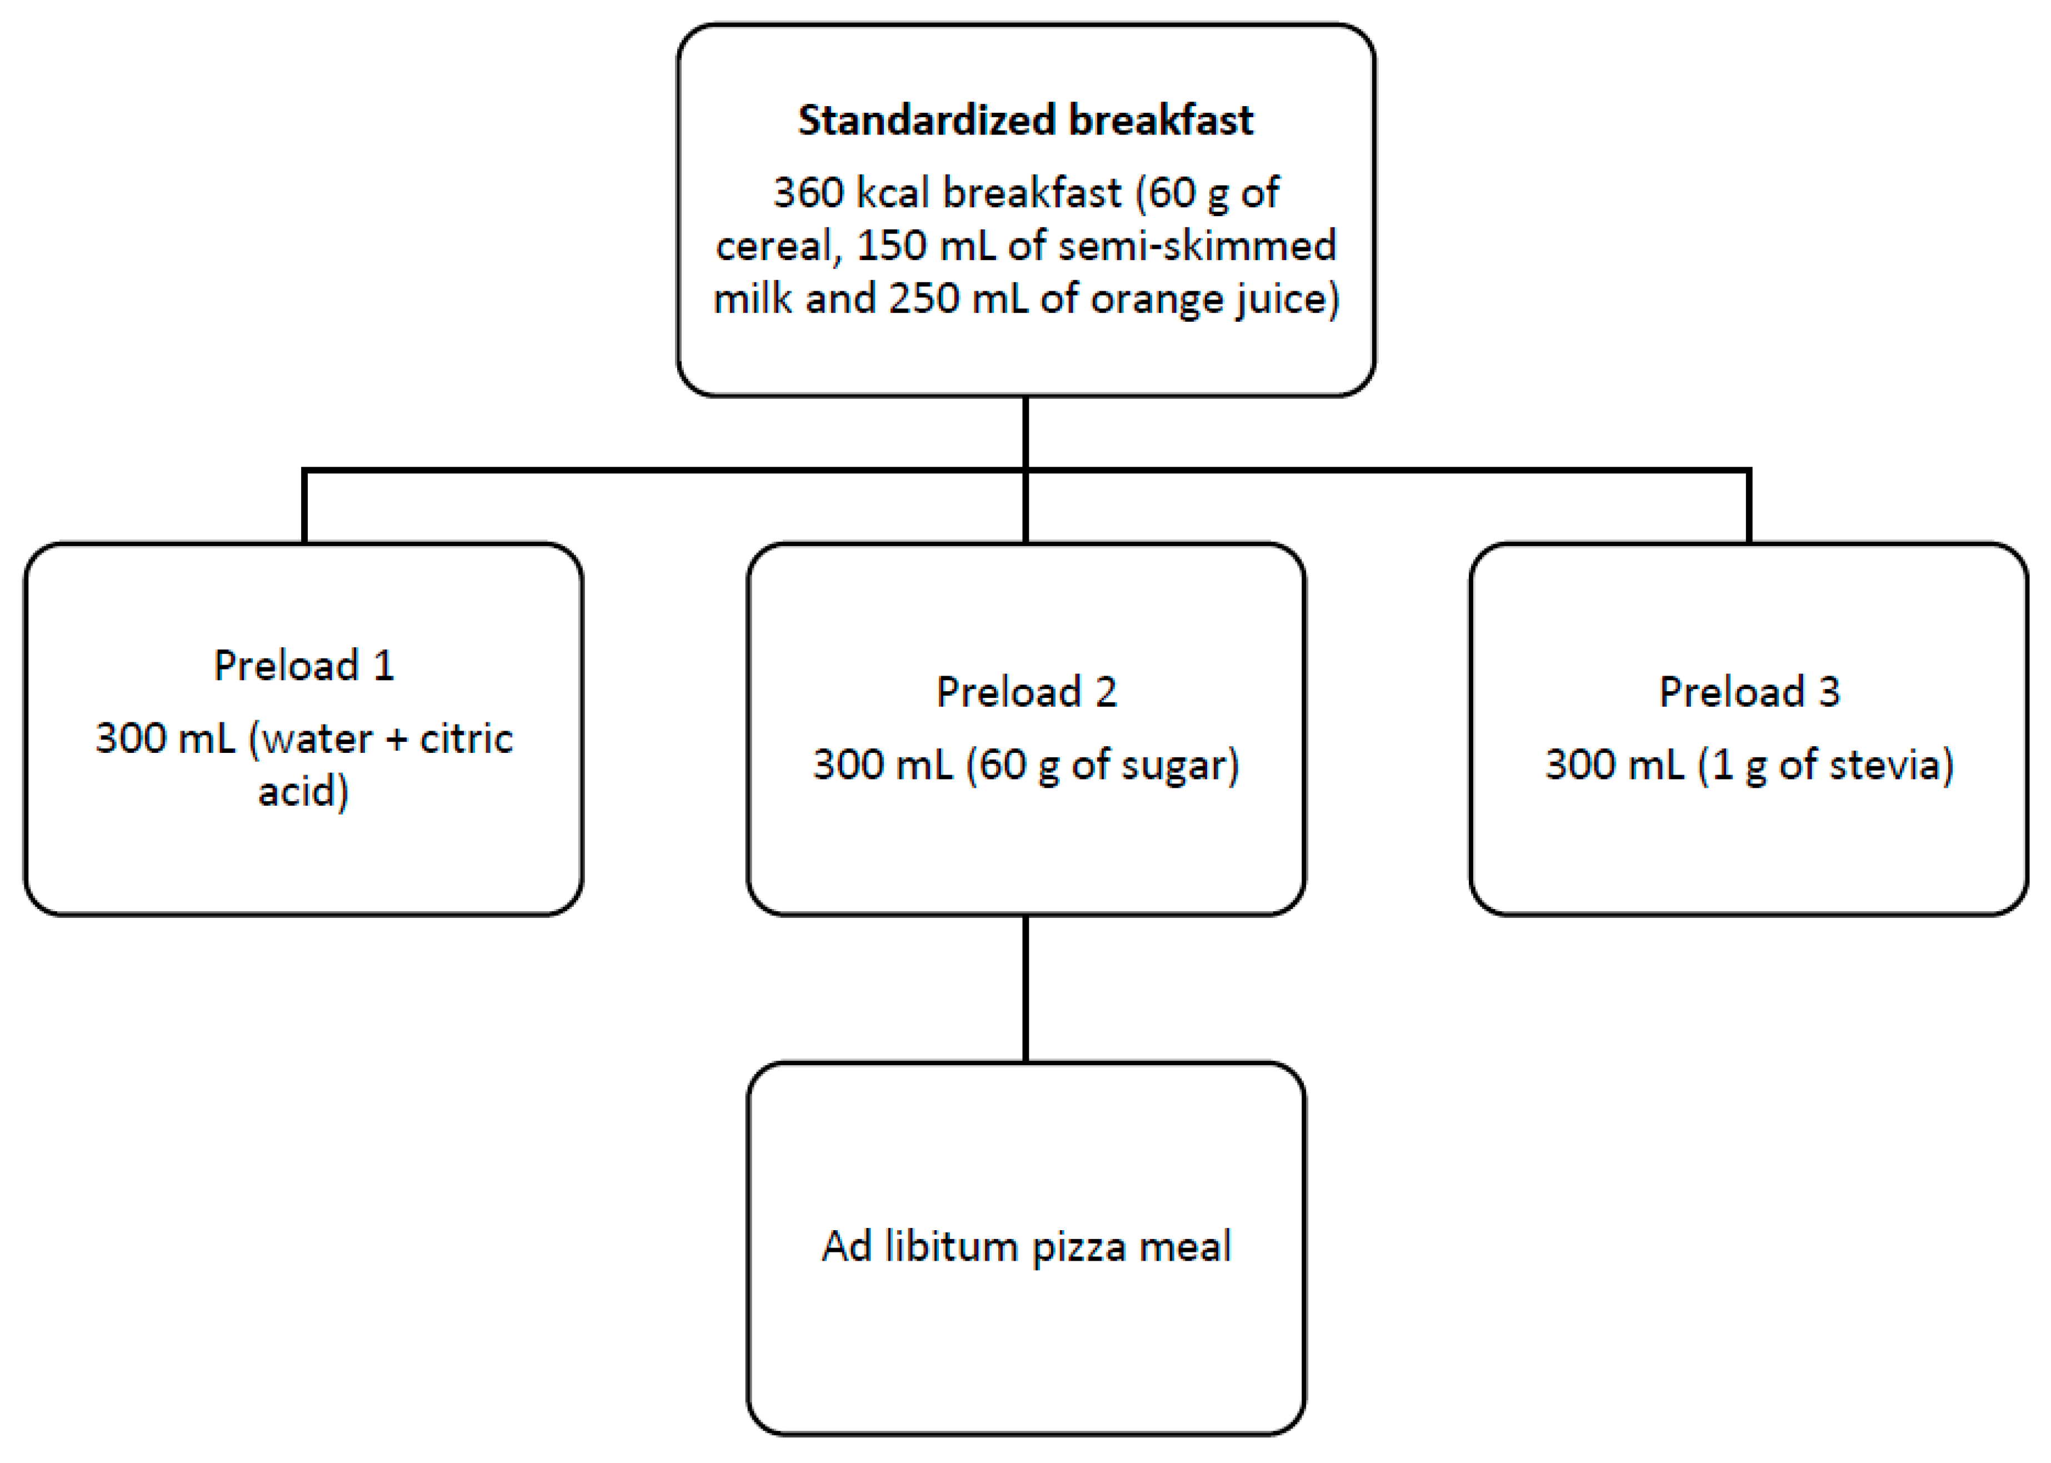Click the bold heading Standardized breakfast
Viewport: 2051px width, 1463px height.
pos(1025,120)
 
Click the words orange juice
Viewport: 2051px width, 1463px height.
pos(1215,299)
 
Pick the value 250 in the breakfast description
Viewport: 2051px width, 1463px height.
pos(923,299)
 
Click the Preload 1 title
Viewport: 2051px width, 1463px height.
pos(303,666)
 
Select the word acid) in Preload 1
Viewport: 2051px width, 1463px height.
pos(303,792)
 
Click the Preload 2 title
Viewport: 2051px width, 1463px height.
pos(1026,692)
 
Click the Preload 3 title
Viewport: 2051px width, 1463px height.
pos(1748,692)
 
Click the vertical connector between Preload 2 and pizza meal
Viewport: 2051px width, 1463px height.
pos(1026,988)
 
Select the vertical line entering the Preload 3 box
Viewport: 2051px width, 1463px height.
pos(1748,506)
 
